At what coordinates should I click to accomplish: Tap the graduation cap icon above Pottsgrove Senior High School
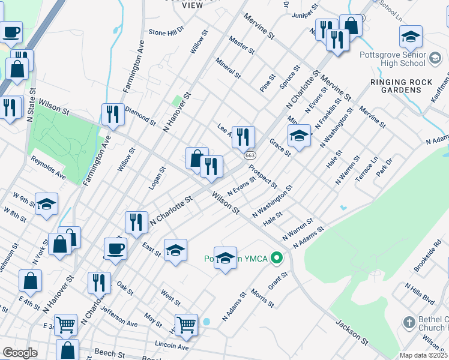click(411, 37)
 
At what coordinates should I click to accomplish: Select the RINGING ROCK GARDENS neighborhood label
click(396, 86)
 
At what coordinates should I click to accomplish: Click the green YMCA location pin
click(276, 259)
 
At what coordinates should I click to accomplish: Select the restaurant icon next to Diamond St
click(113, 113)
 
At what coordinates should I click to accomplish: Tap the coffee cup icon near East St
click(115, 248)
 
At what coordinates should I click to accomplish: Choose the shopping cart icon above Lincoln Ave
click(187, 325)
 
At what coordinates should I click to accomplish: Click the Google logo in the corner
click(20, 353)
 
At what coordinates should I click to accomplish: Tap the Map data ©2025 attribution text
click(423, 355)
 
